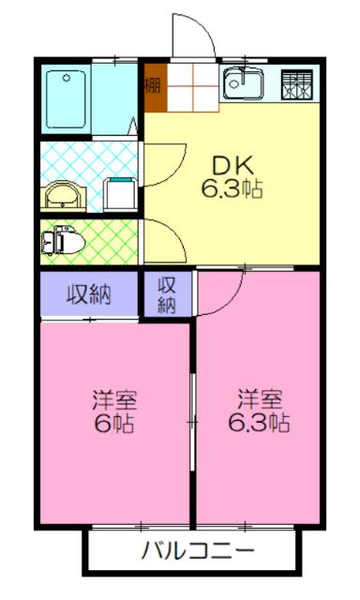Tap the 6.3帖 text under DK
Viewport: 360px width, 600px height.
231,187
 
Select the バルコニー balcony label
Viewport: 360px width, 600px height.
197,549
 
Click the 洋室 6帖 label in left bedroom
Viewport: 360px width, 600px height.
114,411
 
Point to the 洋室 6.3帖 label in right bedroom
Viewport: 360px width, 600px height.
259,411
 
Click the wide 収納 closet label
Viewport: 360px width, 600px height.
89,294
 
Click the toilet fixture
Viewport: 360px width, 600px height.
62,240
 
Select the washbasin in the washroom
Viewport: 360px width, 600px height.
64,194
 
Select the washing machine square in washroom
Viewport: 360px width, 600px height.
119,192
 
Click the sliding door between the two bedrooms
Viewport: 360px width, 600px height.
193,422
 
